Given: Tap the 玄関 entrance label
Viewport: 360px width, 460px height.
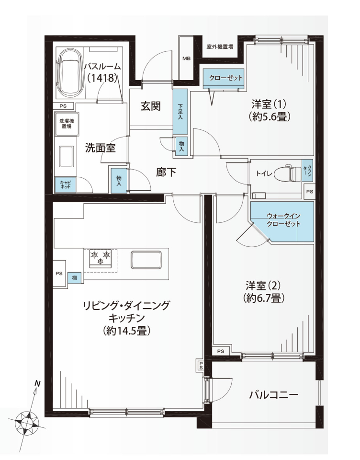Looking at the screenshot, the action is (151, 106).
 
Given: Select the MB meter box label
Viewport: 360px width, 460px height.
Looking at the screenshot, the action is (186, 58).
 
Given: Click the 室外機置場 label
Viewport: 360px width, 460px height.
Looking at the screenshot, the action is (220, 46).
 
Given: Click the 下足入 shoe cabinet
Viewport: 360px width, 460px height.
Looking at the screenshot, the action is (180, 112).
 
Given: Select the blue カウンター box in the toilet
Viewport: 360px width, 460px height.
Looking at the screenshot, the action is (307, 171).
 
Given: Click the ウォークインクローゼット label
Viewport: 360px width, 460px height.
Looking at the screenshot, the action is (283, 220).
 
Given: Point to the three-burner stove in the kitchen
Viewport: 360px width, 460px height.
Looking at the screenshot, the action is (101, 258).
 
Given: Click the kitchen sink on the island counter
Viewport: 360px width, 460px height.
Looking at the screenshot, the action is (146, 260).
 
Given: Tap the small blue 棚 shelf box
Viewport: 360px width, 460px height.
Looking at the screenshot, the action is (75, 277).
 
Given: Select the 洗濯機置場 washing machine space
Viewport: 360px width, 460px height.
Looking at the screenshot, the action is (67, 124).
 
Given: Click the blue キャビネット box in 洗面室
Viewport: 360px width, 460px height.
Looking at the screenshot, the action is (65, 185).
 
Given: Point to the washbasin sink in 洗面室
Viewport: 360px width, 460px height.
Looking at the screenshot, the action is (66, 157).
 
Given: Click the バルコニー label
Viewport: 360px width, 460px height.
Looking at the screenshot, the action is (273, 395).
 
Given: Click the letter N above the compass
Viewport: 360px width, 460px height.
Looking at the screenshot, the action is (37, 383).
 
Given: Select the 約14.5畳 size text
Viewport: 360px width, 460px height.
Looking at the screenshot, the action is (127, 331).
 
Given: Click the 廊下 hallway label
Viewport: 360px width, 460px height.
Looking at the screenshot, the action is (166, 172).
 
